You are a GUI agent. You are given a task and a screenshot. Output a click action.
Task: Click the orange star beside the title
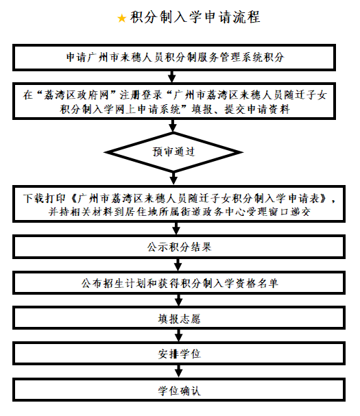(x=121, y=19)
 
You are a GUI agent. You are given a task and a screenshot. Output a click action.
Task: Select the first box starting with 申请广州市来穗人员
(x=180, y=58)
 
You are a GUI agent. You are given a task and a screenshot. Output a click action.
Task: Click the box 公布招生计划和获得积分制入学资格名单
(x=180, y=282)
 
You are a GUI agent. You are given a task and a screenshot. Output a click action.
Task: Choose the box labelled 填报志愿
(x=180, y=319)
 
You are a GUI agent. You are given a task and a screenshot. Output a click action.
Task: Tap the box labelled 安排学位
(x=180, y=354)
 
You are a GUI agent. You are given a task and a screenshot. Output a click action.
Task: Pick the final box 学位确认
(x=180, y=391)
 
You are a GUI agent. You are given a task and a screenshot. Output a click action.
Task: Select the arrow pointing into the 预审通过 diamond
(x=180, y=125)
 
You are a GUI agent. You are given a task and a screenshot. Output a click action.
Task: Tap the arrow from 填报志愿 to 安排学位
(x=180, y=337)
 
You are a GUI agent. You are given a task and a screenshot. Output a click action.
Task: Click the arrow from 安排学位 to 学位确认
(x=180, y=372)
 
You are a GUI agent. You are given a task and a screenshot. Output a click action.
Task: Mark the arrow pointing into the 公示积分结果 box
(x=180, y=229)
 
